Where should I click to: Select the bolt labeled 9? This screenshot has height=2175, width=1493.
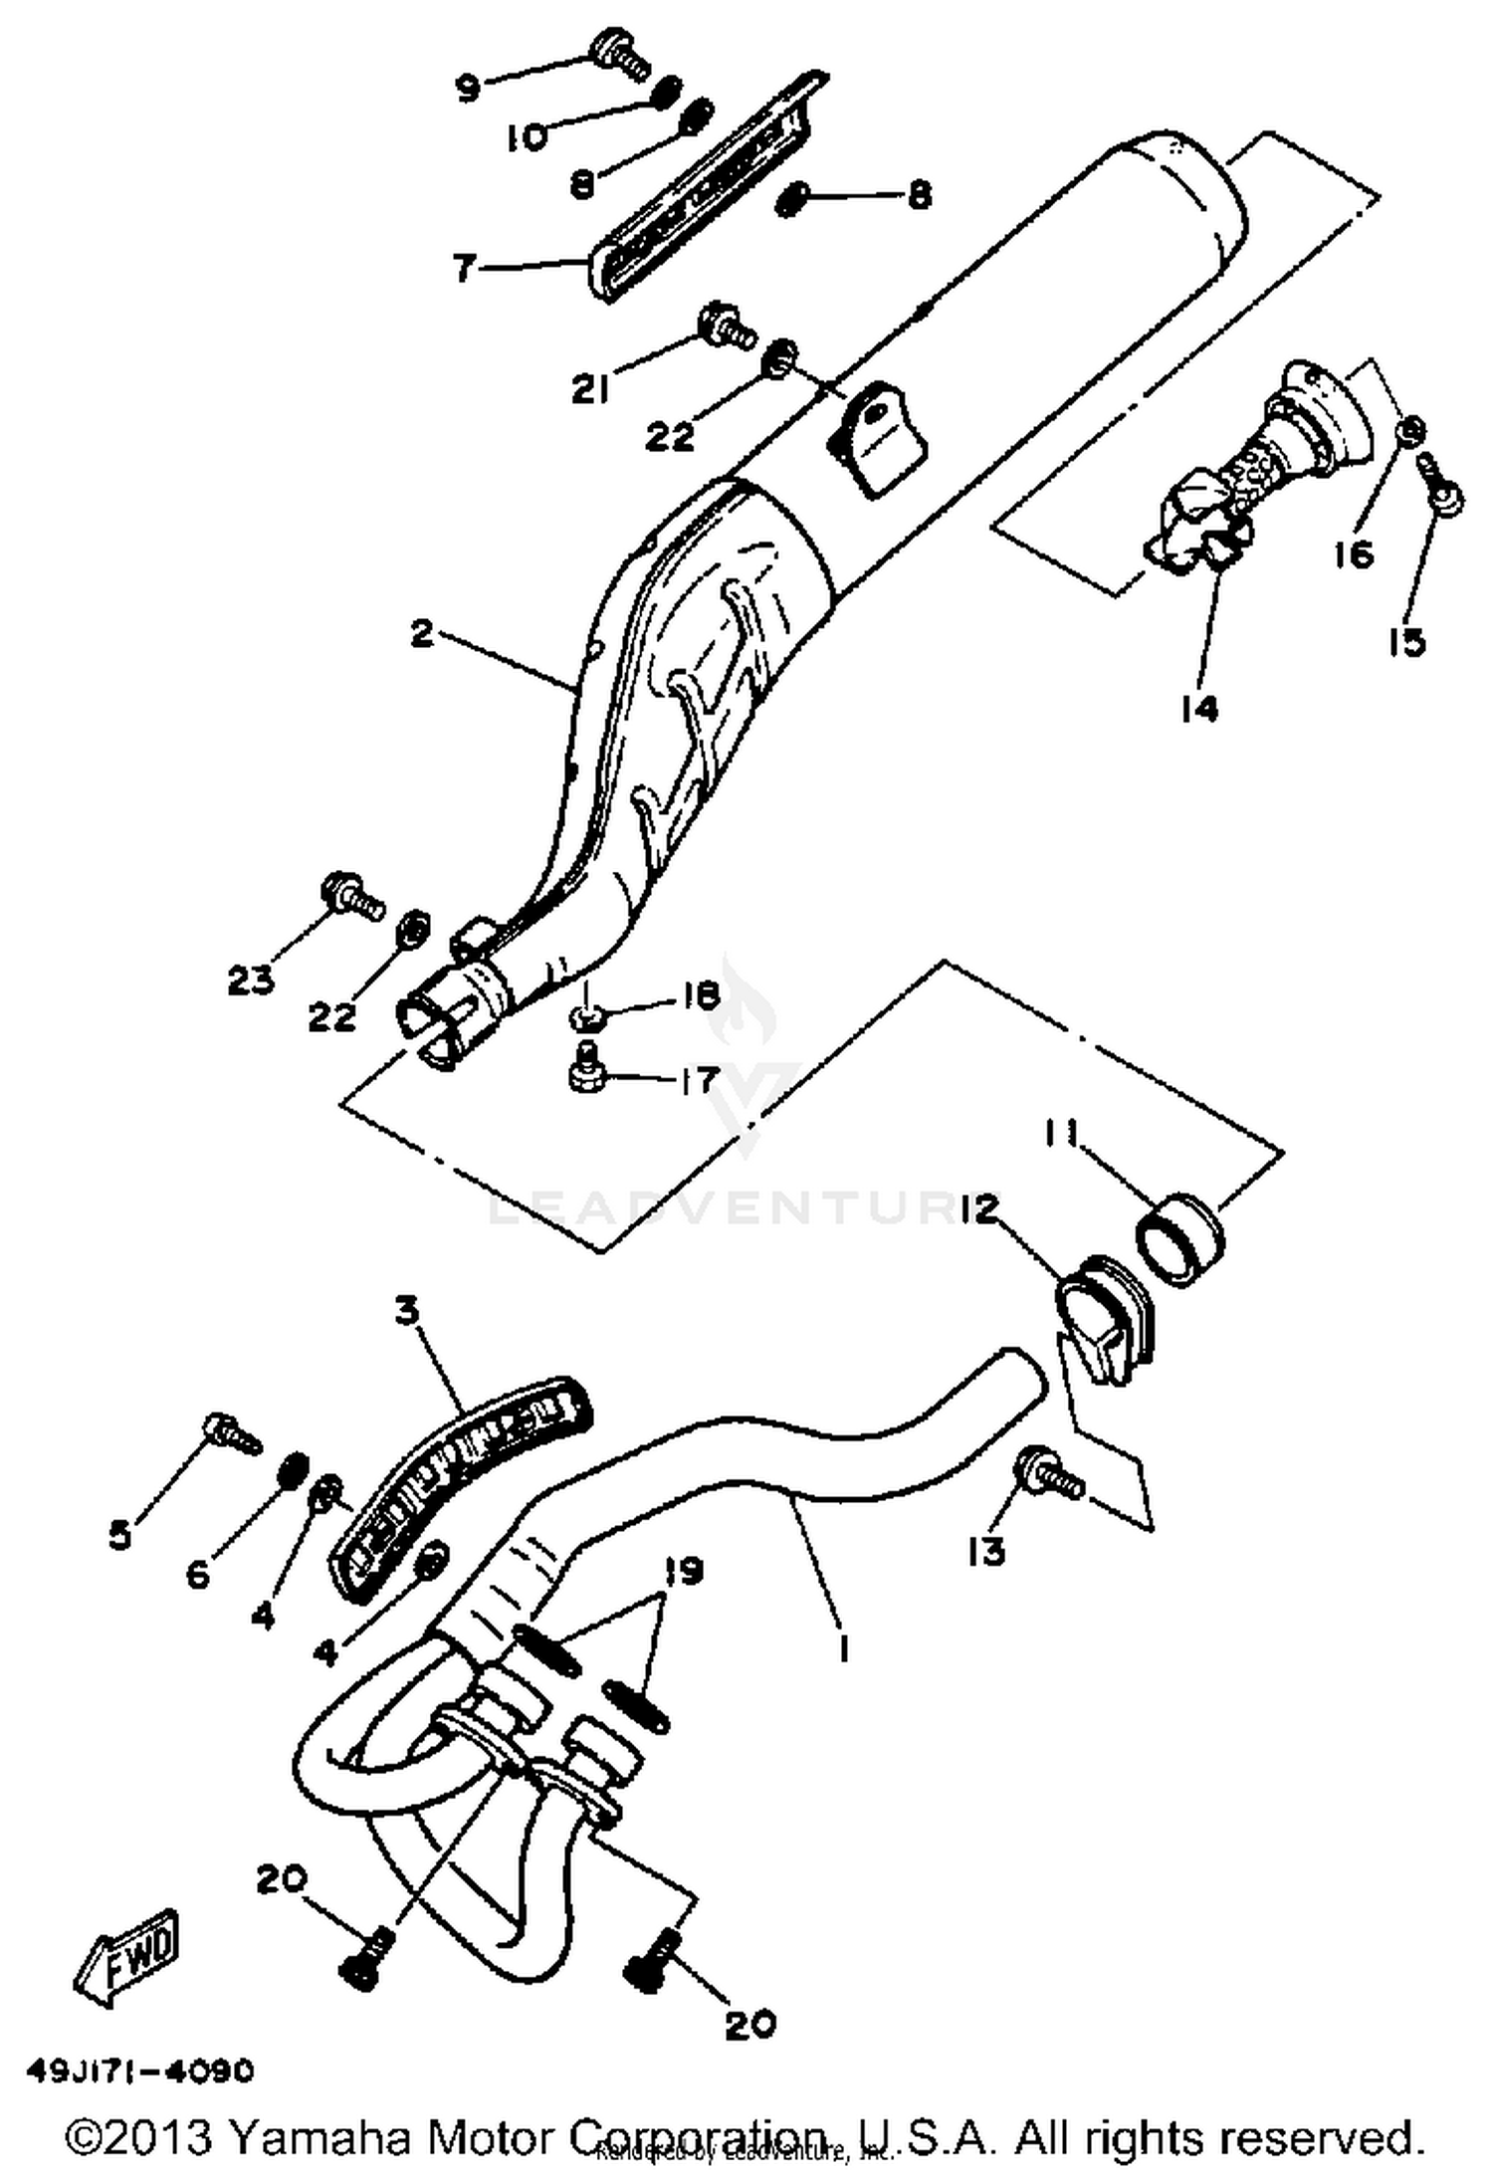coord(620,53)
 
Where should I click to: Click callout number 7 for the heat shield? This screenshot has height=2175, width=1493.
coord(465,269)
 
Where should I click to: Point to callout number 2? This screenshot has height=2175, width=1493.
coord(422,634)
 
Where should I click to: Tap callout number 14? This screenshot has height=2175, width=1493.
coord(1199,709)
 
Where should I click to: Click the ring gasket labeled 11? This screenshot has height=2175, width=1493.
coord(1180,1238)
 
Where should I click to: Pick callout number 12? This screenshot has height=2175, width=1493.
coord(978,1210)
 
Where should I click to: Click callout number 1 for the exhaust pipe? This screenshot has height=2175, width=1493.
coord(843,1649)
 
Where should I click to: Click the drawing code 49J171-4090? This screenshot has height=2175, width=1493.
coord(140,2070)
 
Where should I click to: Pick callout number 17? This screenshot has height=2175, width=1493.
coord(697,1080)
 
